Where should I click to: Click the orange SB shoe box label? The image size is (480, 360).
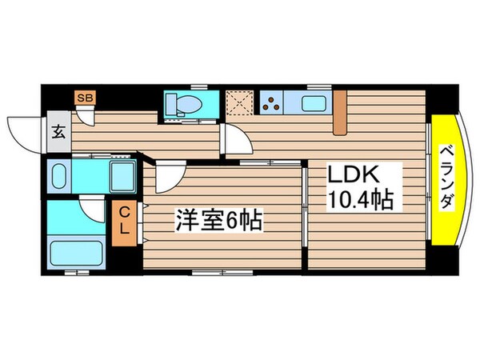84,97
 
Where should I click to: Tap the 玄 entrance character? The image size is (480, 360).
58,133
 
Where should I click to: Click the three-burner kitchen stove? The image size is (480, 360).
273,103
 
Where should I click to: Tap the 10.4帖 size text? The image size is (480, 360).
358,199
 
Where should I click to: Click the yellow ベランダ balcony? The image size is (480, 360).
446,181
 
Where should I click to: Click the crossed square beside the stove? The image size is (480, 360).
238,103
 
